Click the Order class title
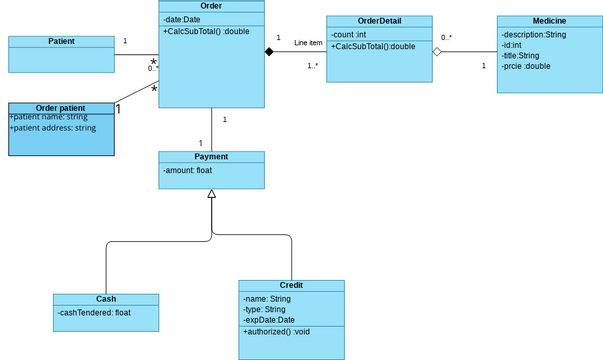(211, 7)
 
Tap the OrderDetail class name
(379, 22)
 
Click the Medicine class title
(549, 22)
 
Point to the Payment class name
(211, 157)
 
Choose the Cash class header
(105, 299)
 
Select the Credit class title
(291, 285)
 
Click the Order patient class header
(61, 108)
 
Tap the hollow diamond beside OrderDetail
(437, 51)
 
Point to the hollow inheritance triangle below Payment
(211, 194)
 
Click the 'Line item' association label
(308, 43)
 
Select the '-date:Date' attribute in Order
(182, 20)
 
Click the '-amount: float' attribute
(187, 171)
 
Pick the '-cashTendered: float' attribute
(94, 313)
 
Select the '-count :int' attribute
(351, 35)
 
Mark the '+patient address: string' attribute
(53, 128)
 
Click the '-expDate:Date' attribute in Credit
(269, 320)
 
